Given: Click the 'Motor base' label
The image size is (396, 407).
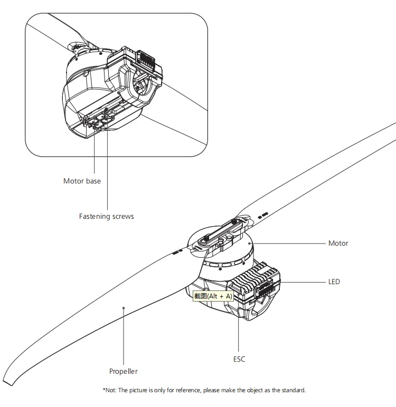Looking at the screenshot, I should point(82,181).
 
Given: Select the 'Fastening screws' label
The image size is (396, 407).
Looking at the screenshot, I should point(106,216).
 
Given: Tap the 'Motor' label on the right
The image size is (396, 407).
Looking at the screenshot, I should point(338,244).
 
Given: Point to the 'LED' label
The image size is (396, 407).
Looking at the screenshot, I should point(334,282).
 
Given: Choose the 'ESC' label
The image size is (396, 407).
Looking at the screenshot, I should point(239,359).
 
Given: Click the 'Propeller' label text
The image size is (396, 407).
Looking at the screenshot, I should point(123,371).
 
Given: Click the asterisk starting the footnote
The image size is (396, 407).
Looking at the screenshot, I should point(103,390).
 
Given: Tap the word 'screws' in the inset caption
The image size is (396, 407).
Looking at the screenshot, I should point(122,216).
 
